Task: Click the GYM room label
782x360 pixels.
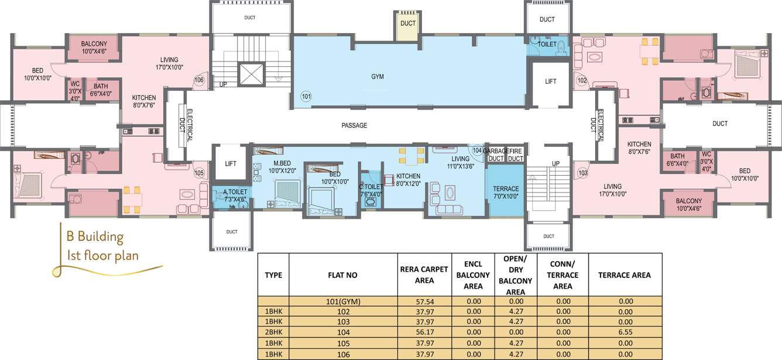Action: (378, 77)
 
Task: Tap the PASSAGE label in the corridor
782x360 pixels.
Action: (354, 125)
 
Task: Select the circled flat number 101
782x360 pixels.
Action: (306, 96)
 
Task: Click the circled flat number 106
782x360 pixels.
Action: (199, 80)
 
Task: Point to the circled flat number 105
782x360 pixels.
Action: (199, 173)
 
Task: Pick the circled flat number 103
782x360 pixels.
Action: (582, 173)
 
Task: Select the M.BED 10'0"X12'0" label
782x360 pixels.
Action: (283, 167)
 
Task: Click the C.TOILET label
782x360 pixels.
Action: (370, 191)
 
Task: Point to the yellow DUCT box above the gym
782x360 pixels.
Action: (408, 23)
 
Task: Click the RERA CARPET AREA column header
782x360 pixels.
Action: (417, 275)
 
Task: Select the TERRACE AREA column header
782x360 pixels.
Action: (625, 275)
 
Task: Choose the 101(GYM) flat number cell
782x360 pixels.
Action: (343, 301)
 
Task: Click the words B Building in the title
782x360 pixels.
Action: (95, 237)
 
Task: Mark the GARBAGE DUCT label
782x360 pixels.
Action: (495, 155)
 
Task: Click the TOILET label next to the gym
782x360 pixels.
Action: (547, 44)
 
